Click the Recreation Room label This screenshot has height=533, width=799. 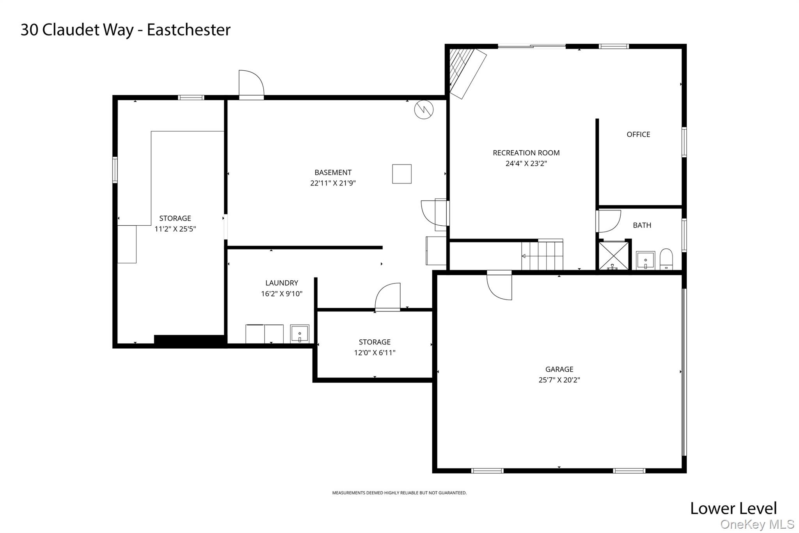click(x=526, y=153)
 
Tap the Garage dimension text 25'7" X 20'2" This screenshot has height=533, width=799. click(x=559, y=380)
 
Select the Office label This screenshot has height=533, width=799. click(x=638, y=134)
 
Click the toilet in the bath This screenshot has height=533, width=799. click(x=666, y=259)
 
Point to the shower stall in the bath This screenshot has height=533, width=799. click(x=614, y=256)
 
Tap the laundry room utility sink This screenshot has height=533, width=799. click(x=300, y=334)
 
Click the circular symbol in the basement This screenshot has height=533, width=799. click(x=424, y=110)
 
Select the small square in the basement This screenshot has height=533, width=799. click(x=402, y=174)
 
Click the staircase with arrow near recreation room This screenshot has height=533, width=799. click(x=542, y=256)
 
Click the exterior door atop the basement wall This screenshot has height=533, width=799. click(x=251, y=84)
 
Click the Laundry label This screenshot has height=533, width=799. click(x=282, y=283)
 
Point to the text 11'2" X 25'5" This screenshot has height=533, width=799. click(x=175, y=229)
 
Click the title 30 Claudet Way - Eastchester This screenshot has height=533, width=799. click(x=126, y=30)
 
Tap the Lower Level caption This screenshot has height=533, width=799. click(x=733, y=508)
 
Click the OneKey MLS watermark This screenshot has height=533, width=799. click(x=757, y=524)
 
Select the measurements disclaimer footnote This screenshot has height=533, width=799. click(x=399, y=493)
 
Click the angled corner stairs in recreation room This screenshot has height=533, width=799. click(x=467, y=73)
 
